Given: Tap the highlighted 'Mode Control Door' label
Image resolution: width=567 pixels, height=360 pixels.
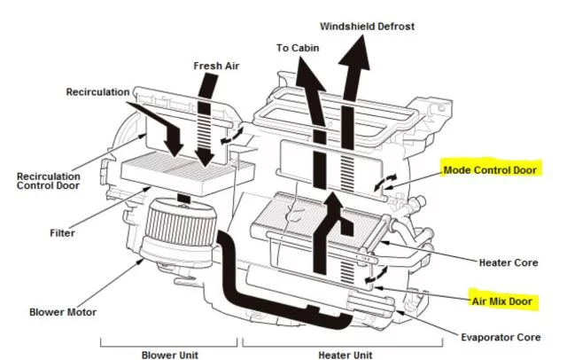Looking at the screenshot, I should pos(488,169).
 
